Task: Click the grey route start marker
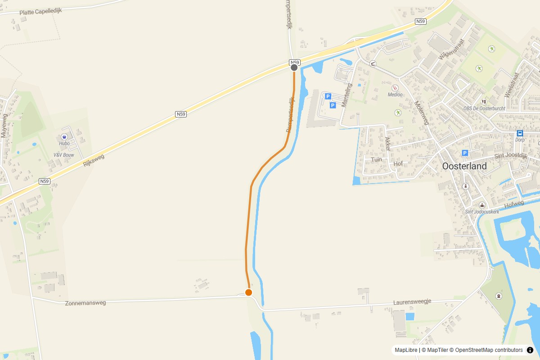[x=294, y=67]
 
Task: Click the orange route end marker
[x=248, y=292]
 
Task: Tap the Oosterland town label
[x=464, y=166]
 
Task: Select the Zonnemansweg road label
[x=85, y=303]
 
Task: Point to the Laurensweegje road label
[x=412, y=302]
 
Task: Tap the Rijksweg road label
[x=94, y=161]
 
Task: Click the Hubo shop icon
[x=64, y=136]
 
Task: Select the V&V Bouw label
[x=63, y=155]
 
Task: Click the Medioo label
[x=396, y=95]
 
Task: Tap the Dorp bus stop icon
[x=520, y=133]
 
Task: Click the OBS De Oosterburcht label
[x=484, y=108]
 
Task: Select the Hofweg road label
[x=514, y=205]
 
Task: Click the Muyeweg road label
[x=4, y=126]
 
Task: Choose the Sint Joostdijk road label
[x=510, y=156]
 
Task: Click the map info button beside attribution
[x=530, y=350]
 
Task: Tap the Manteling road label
[x=346, y=95]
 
